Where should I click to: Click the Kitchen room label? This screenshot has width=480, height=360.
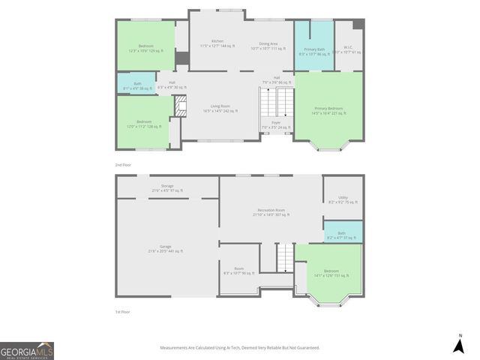(x=217, y=43)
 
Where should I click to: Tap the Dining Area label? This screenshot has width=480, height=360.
(x=268, y=46)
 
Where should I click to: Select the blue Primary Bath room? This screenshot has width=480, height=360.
(x=313, y=49)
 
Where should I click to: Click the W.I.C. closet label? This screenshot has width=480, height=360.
(x=346, y=49)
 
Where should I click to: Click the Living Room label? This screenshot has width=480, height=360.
(x=220, y=108)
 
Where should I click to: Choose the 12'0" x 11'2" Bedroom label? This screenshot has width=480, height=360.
(x=143, y=124)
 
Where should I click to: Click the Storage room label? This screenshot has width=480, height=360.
(x=166, y=187)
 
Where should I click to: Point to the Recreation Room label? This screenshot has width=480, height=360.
(x=271, y=212)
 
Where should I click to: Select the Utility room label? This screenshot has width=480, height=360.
(x=343, y=199)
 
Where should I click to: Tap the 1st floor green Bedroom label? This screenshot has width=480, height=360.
(x=331, y=273)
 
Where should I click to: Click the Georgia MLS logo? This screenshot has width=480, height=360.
(x=27, y=351)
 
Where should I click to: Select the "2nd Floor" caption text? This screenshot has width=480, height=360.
(x=123, y=163)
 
